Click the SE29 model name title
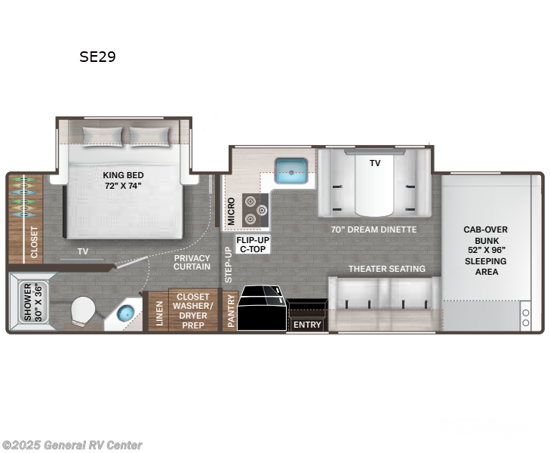[97, 57]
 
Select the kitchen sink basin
[290, 171]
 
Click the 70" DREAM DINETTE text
[373, 230]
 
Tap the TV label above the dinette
[375, 163]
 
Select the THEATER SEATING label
[386, 269]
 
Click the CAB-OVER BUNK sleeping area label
[487, 250]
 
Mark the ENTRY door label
[307, 325]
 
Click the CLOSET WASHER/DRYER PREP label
[193, 309]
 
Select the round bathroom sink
[125, 313]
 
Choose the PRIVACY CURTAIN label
[192, 263]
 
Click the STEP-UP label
[228, 264]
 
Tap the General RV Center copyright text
[72, 445]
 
